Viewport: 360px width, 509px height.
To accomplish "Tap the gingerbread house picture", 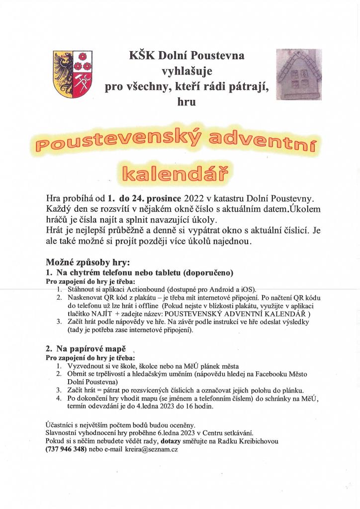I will (298, 74).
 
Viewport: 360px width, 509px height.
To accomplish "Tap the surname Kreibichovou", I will (253, 441).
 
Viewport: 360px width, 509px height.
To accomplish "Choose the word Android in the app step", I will (211, 289).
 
